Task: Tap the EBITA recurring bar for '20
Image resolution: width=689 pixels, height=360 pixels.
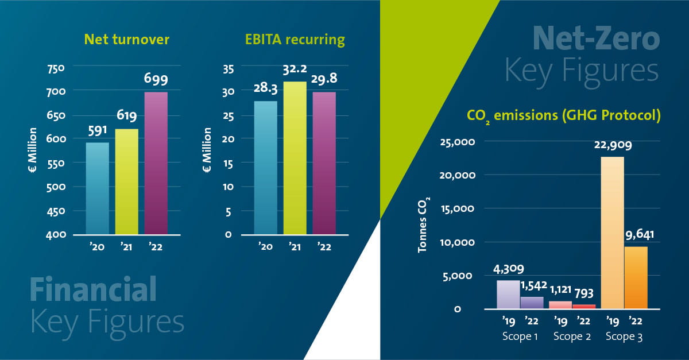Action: tap(265, 168)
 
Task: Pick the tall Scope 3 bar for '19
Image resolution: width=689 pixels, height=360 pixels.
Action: tap(612, 233)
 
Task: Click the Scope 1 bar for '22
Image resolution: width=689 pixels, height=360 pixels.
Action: tap(531, 303)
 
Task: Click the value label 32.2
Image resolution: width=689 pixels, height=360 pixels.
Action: tap(296, 71)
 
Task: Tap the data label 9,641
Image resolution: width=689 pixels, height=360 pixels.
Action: tap(636, 235)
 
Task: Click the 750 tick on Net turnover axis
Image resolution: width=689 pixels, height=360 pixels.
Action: tap(57, 68)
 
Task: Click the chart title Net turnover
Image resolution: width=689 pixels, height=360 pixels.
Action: tap(126, 40)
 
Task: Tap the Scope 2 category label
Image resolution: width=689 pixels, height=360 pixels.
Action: tap(572, 337)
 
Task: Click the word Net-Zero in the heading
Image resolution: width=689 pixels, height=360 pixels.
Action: tap(595, 40)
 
